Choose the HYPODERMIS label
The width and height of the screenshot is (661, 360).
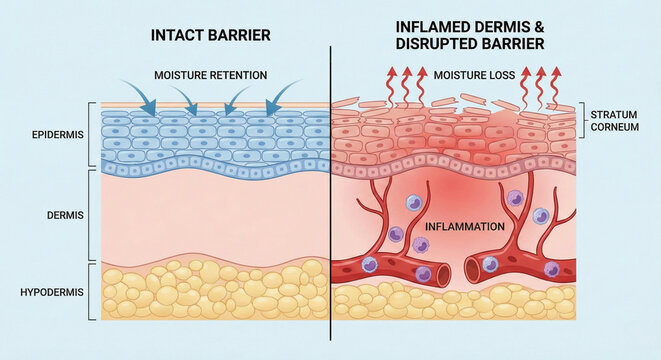[56, 292]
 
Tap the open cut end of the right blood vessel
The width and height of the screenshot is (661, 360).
[471, 267]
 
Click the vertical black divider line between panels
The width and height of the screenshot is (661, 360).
[330, 200]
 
